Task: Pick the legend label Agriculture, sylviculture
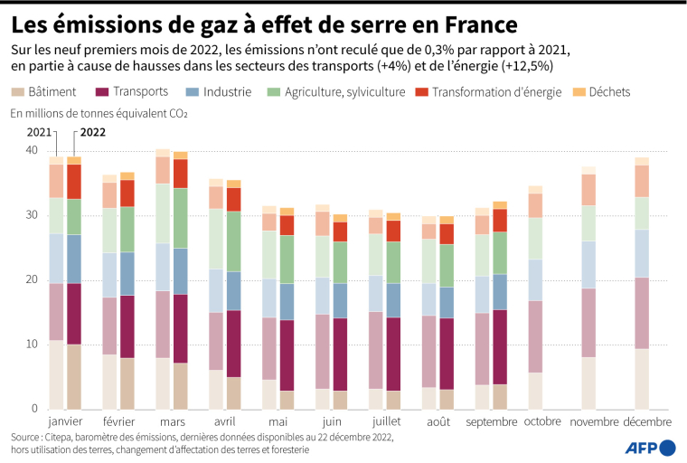click(x=344, y=92)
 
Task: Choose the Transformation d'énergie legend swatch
click(x=421, y=91)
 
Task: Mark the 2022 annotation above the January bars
click(x=93, y=132)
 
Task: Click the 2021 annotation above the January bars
click(x=39, y=132)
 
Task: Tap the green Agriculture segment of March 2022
click(x=180, y=218)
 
